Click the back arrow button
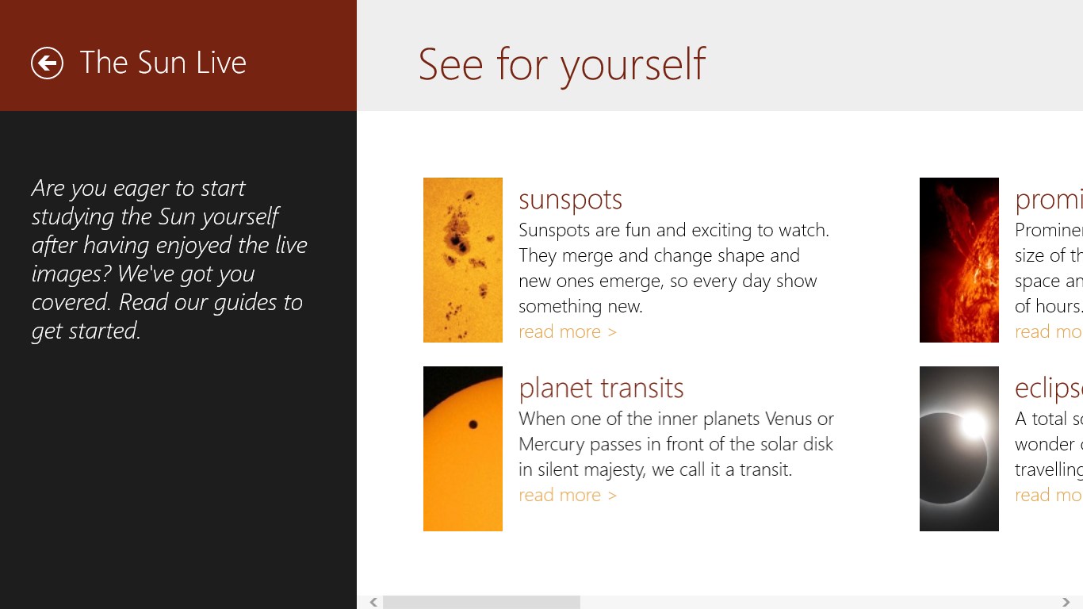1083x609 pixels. point(47,63)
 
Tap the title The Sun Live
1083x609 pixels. point(163,63)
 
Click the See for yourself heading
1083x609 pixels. point(561,64)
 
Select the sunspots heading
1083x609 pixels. point(570,199)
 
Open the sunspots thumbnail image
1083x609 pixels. point(463,260)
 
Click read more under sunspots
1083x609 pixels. point(567,331)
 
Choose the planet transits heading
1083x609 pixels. point(601,388)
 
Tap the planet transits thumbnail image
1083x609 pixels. point(463,449)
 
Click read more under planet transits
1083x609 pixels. point(567,495)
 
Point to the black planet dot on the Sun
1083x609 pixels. point(473,424)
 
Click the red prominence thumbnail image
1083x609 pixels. point(959,260)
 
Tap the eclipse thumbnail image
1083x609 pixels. point(959,449)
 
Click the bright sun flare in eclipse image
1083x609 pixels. point(973,425)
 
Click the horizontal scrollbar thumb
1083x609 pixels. point(481,603)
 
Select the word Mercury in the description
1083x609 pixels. point(551,444)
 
